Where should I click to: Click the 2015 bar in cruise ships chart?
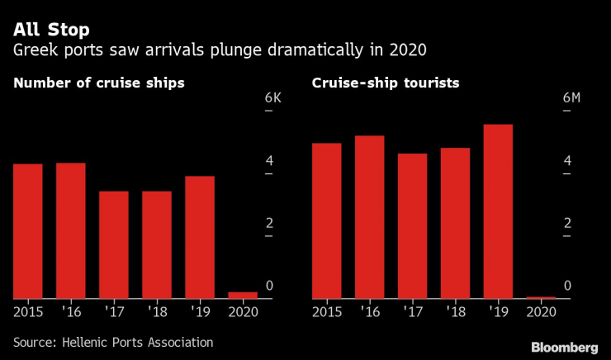pos(28,231)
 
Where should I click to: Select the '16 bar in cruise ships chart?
pos(71,230)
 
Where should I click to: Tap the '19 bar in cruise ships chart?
pos(200,237)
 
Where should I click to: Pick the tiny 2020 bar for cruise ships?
pos(243,295)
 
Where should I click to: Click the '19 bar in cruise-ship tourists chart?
pos(498,211)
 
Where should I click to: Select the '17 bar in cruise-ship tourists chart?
pos(412,225)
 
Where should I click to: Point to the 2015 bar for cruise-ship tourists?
pos(326,220)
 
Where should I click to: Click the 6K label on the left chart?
pos(273,98)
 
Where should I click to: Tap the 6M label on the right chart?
pos(571,98)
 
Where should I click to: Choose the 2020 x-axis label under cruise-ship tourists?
pos(541,312)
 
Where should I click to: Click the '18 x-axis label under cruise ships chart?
pos(156,312)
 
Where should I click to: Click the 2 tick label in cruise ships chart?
pos(268,223)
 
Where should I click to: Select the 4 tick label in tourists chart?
pos(566,160)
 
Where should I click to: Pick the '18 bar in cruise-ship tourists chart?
pos(455,223)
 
